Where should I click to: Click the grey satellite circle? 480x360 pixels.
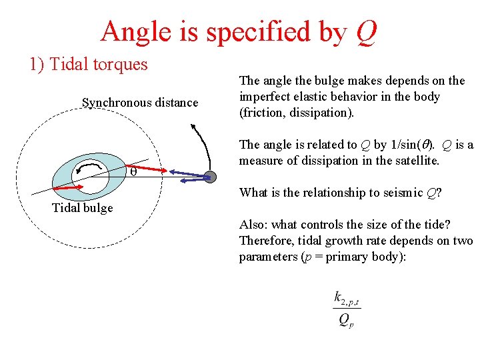[x=210, y=177]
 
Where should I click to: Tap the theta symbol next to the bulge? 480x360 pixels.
[x=133, y=171]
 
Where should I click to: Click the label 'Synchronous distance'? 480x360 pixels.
[x=140, y=103]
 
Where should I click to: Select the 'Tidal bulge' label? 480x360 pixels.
[x=83, y=207]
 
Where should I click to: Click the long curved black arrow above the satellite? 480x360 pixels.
[x=203, y=143]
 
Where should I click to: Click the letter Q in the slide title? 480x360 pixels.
[x=366, y=31]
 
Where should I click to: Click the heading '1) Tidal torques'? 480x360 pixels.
[x=88, y=64]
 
